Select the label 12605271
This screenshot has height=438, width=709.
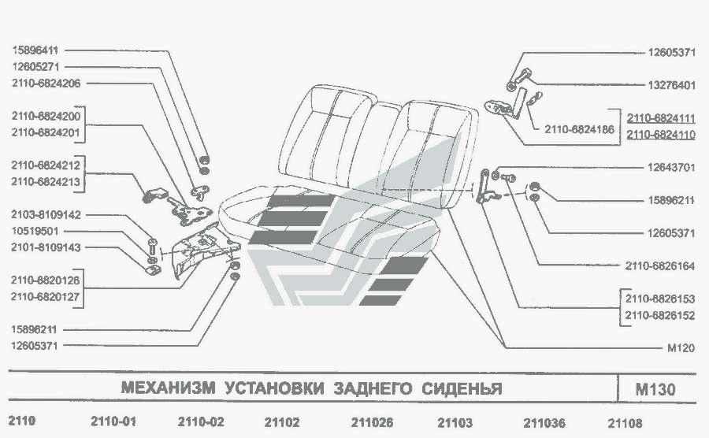(37, 66)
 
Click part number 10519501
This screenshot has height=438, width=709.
(37, 231)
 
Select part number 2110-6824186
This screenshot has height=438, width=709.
(579, 129)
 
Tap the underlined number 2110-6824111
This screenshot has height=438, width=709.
(661, 118)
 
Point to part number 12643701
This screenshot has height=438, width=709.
(671, 167)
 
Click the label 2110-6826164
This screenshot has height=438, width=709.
(660, 266)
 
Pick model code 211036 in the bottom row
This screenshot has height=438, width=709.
(544, 422)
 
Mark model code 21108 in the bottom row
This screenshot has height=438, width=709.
(626, 422)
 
